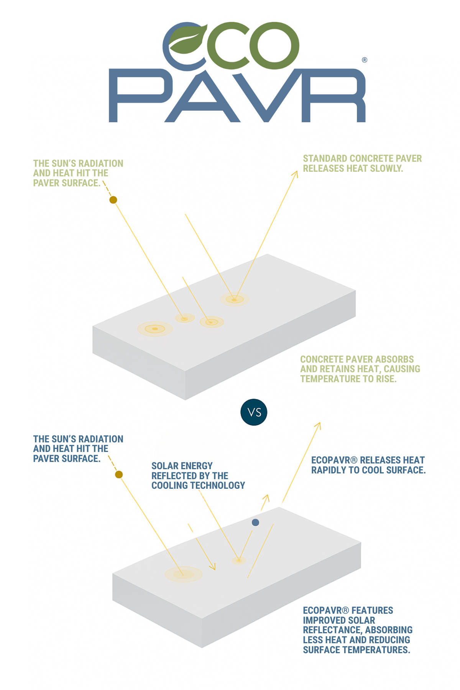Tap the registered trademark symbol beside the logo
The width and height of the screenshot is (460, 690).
(365, 60)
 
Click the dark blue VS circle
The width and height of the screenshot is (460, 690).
(254, 412)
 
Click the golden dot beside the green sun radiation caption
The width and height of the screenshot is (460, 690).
(113, 200)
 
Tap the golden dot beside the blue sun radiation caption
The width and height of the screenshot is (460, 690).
(119, 475)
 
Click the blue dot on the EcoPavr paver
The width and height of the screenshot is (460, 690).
(255, 522)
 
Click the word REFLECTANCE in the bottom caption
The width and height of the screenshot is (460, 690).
(332, 630)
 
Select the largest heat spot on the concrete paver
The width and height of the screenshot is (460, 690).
(155, 329)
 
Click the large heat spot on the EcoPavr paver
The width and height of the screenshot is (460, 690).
(184, 574)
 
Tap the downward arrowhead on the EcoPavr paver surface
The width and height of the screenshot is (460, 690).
(212, 567)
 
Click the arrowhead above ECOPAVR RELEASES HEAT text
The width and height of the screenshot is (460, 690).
(317, 426)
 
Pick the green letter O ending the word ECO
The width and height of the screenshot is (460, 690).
(274, 46)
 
